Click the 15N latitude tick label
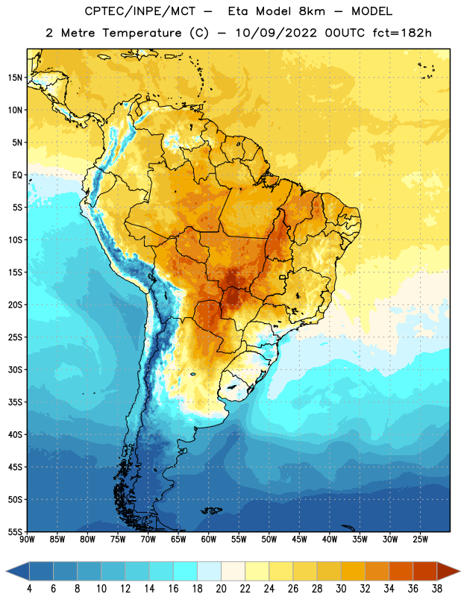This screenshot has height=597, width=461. click(15, 78)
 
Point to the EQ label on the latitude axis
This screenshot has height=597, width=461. click(17, 175)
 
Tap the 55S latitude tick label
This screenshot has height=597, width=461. click(15, 531)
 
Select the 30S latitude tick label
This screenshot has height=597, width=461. click(15, 369)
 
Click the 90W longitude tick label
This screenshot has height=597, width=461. click(27, 539)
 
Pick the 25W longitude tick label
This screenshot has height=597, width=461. click(420, 539)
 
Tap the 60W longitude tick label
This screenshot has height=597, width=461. click(209, 539)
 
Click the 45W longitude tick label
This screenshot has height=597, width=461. click(299, 539)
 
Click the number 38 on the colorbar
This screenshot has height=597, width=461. click(437, 589)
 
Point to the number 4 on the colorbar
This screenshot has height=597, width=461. click(29, 589)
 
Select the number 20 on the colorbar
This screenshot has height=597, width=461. click(221, 589)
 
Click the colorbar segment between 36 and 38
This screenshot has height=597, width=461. click(425, 571)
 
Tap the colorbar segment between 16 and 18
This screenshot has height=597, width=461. click(186, 571)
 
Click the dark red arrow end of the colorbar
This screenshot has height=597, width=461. click(448, 571)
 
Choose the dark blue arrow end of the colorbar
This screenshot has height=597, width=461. click(17, 571)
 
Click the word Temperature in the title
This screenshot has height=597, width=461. click(142, 33)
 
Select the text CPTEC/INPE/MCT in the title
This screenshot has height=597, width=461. click(139, 11)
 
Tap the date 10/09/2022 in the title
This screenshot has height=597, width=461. click(276, 33)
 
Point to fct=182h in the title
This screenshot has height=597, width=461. click(402, 33)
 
